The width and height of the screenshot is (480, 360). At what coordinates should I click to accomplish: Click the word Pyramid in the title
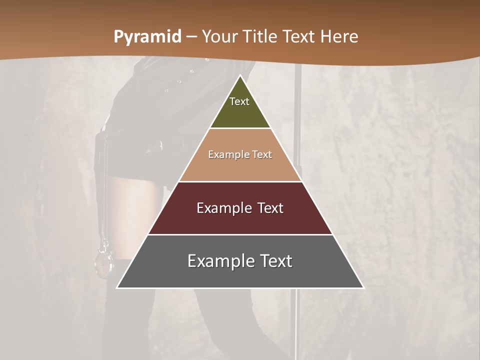click(147, 37)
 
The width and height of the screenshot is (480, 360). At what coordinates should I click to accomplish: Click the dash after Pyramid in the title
click(191, 37)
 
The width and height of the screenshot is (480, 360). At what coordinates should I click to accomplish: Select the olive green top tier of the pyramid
click(240, 107)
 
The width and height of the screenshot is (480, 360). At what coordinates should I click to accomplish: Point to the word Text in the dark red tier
click(264, 208)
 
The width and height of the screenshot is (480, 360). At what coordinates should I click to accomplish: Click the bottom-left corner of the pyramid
click(117, 287)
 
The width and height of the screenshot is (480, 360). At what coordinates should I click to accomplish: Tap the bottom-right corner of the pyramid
click(363, 287)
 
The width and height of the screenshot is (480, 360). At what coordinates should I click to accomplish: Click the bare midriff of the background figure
click(131, 200)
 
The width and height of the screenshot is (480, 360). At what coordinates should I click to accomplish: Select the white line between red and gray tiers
click(240, 234)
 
